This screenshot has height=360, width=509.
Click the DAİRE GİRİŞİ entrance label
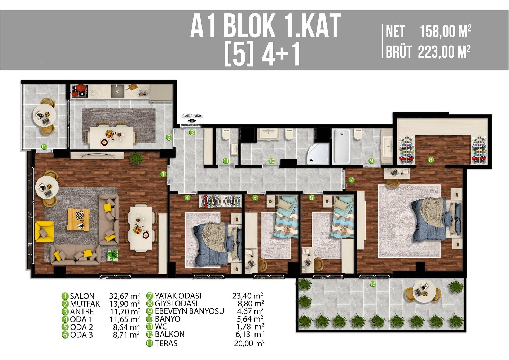(193, 116)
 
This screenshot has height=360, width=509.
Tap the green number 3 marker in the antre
(192, 132)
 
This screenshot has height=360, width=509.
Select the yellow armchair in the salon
(44, 231)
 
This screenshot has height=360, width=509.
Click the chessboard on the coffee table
(80, 215)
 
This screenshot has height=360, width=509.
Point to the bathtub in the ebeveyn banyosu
(341, 146)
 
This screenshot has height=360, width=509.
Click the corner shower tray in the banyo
(318, 154)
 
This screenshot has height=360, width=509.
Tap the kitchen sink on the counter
(117, 91)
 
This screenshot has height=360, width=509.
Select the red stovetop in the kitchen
(79, 90)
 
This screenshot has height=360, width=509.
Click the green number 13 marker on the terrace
(372, 284)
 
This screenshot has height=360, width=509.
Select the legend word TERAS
(166, 343)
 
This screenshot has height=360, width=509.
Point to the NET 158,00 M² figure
(445, 32)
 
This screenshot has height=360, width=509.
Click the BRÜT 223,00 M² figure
(444, 52)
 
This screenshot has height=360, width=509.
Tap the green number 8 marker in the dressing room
(431, 160)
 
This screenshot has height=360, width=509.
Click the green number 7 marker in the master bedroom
(352, 180)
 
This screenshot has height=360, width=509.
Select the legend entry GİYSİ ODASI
(176, 304)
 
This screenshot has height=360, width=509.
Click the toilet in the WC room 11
(226, 134)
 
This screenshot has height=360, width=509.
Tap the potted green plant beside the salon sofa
(113, 255)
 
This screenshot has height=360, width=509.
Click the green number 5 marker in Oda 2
(255, 197)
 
